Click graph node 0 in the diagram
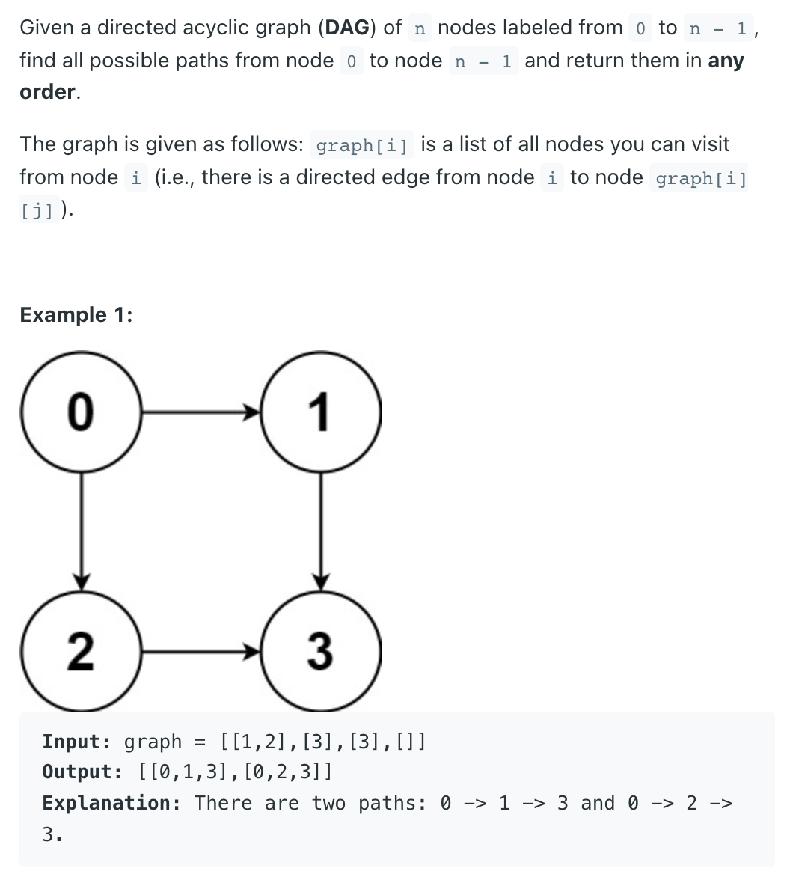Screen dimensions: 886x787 point(81,412)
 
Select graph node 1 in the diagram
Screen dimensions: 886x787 point(320,412)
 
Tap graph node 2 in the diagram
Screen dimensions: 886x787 point(81,651)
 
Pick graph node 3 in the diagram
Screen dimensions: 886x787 point(320,651)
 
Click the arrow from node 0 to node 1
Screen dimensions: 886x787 point(200,411)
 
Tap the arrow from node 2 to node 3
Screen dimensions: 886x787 point(200,651)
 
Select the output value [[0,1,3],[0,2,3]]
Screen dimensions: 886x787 point(236,772)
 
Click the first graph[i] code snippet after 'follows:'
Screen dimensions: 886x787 point(361,144)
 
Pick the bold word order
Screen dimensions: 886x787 point(48,92)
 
